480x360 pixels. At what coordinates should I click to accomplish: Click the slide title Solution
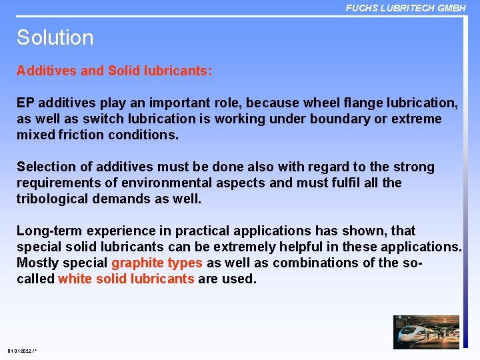[x=55, y=38]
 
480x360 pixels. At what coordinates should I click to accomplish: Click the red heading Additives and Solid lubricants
[x=115, y=71]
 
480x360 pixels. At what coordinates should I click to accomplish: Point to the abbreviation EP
[x=25, y=103]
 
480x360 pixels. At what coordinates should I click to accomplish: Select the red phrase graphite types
[x=157, y=263]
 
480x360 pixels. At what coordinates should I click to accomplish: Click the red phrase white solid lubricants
[x=126, y=279]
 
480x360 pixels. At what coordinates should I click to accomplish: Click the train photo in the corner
[x=427, y=331]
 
